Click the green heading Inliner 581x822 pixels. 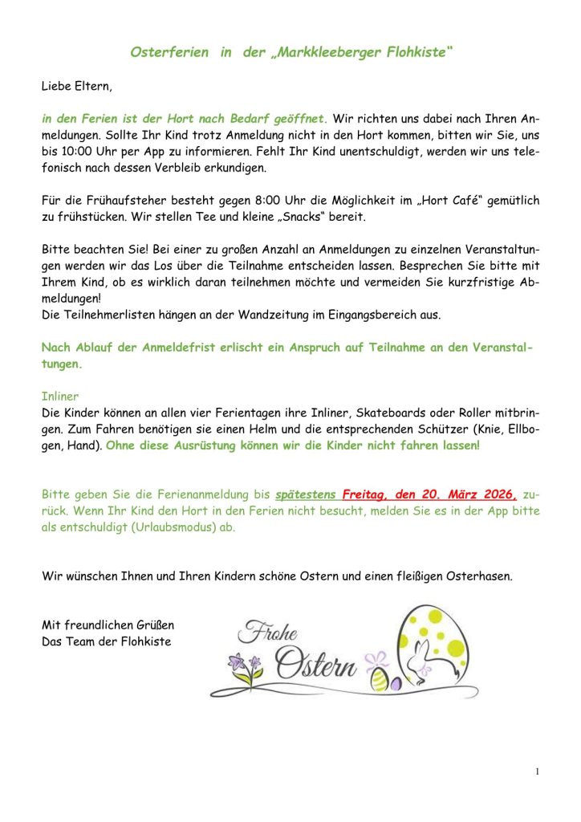pos(60,396)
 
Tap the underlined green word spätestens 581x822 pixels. pos(306,496)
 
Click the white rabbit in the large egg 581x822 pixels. pos(418,665)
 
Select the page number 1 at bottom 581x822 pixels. pos(536,772)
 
